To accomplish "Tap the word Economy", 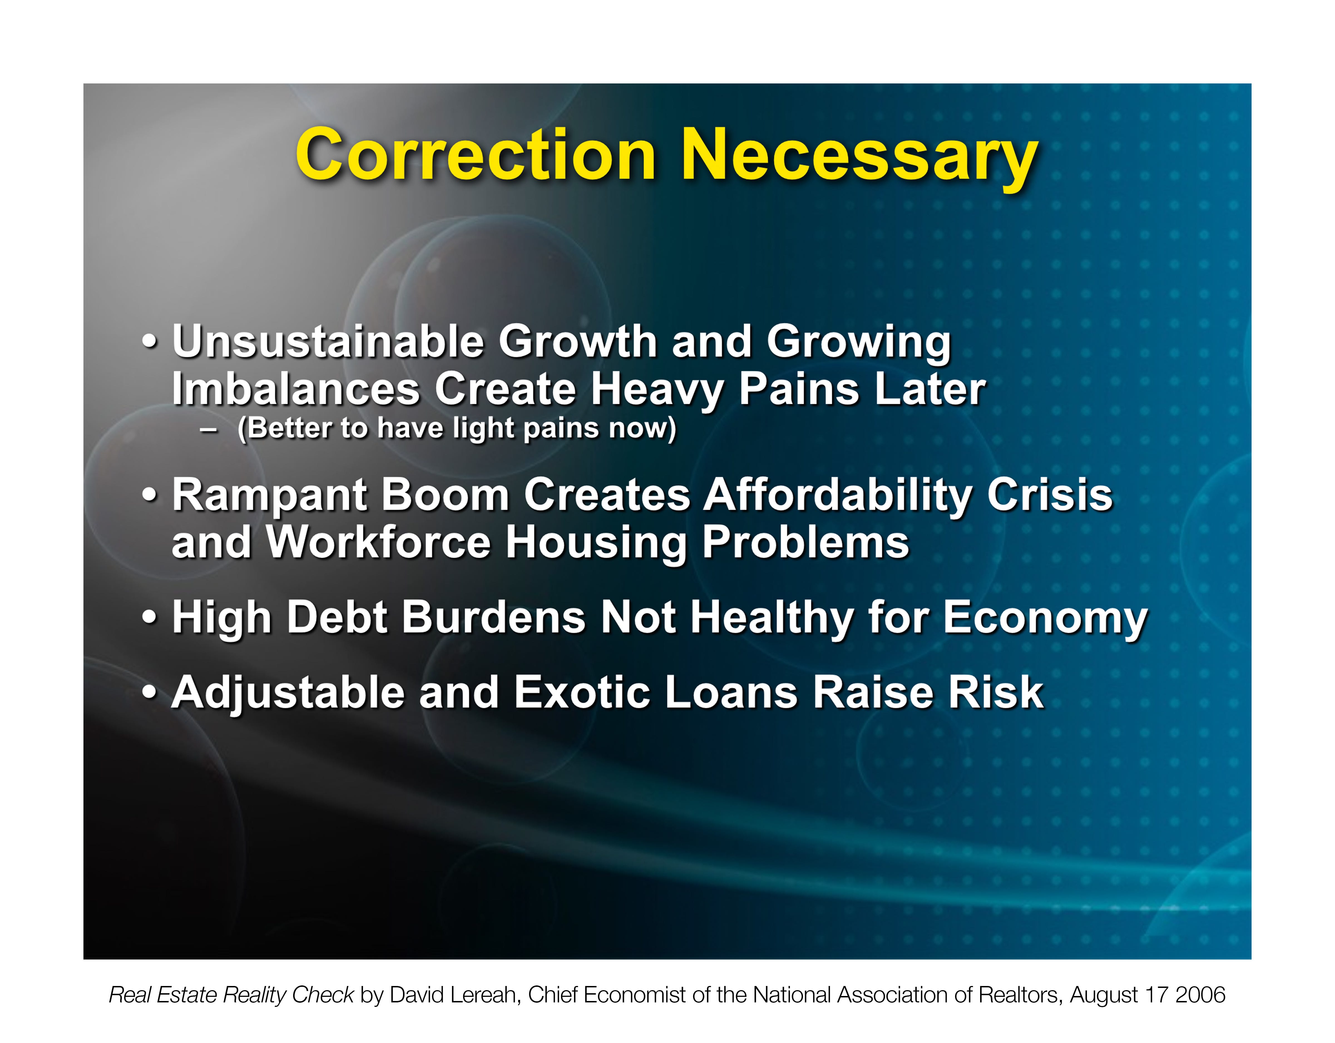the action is coord(1045,619).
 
